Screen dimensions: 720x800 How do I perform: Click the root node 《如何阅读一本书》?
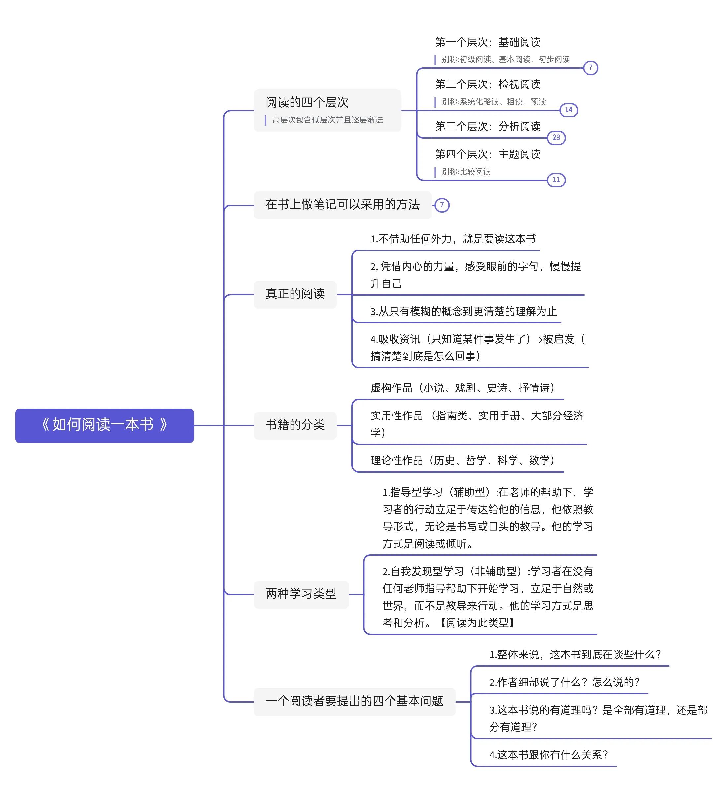(x=104, y=425)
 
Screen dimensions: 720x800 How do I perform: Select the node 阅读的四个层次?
(x=327, y=110)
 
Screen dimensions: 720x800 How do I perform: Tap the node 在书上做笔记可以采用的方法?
(x=342, y=205)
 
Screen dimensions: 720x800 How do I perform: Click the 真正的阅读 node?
(x=295, y=294)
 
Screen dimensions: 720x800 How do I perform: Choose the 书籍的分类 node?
(x=295, y=425)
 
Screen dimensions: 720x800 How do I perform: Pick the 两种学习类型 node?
(x=301, y=594)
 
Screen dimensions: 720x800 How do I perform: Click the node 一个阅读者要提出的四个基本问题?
(x=355, y=702)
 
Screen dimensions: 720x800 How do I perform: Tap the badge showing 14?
(x=568, y=110)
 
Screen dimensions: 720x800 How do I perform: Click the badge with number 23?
(x=556, y=138)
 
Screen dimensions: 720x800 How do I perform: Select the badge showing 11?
(x=556, y=180)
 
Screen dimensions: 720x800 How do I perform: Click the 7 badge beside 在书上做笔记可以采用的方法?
(x=442, y=205)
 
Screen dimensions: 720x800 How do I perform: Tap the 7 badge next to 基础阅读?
(x=590, y=68)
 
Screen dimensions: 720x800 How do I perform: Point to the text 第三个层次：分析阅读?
(x=488, y=126)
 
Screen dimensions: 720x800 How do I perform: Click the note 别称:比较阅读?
(x=466, y=172)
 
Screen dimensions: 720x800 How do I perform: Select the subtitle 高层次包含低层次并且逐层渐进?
(x=327, y=120)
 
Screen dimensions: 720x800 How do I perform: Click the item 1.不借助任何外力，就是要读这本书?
(x=453, y=239)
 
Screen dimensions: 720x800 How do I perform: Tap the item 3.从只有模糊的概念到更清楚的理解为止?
(x=463, y=311)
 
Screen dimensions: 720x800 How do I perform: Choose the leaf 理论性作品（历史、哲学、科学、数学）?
(x=463, y=460)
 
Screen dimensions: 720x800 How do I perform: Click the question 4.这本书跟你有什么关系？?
(x=548, y=755)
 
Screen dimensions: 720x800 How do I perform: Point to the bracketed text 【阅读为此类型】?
(x=477, y=623)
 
